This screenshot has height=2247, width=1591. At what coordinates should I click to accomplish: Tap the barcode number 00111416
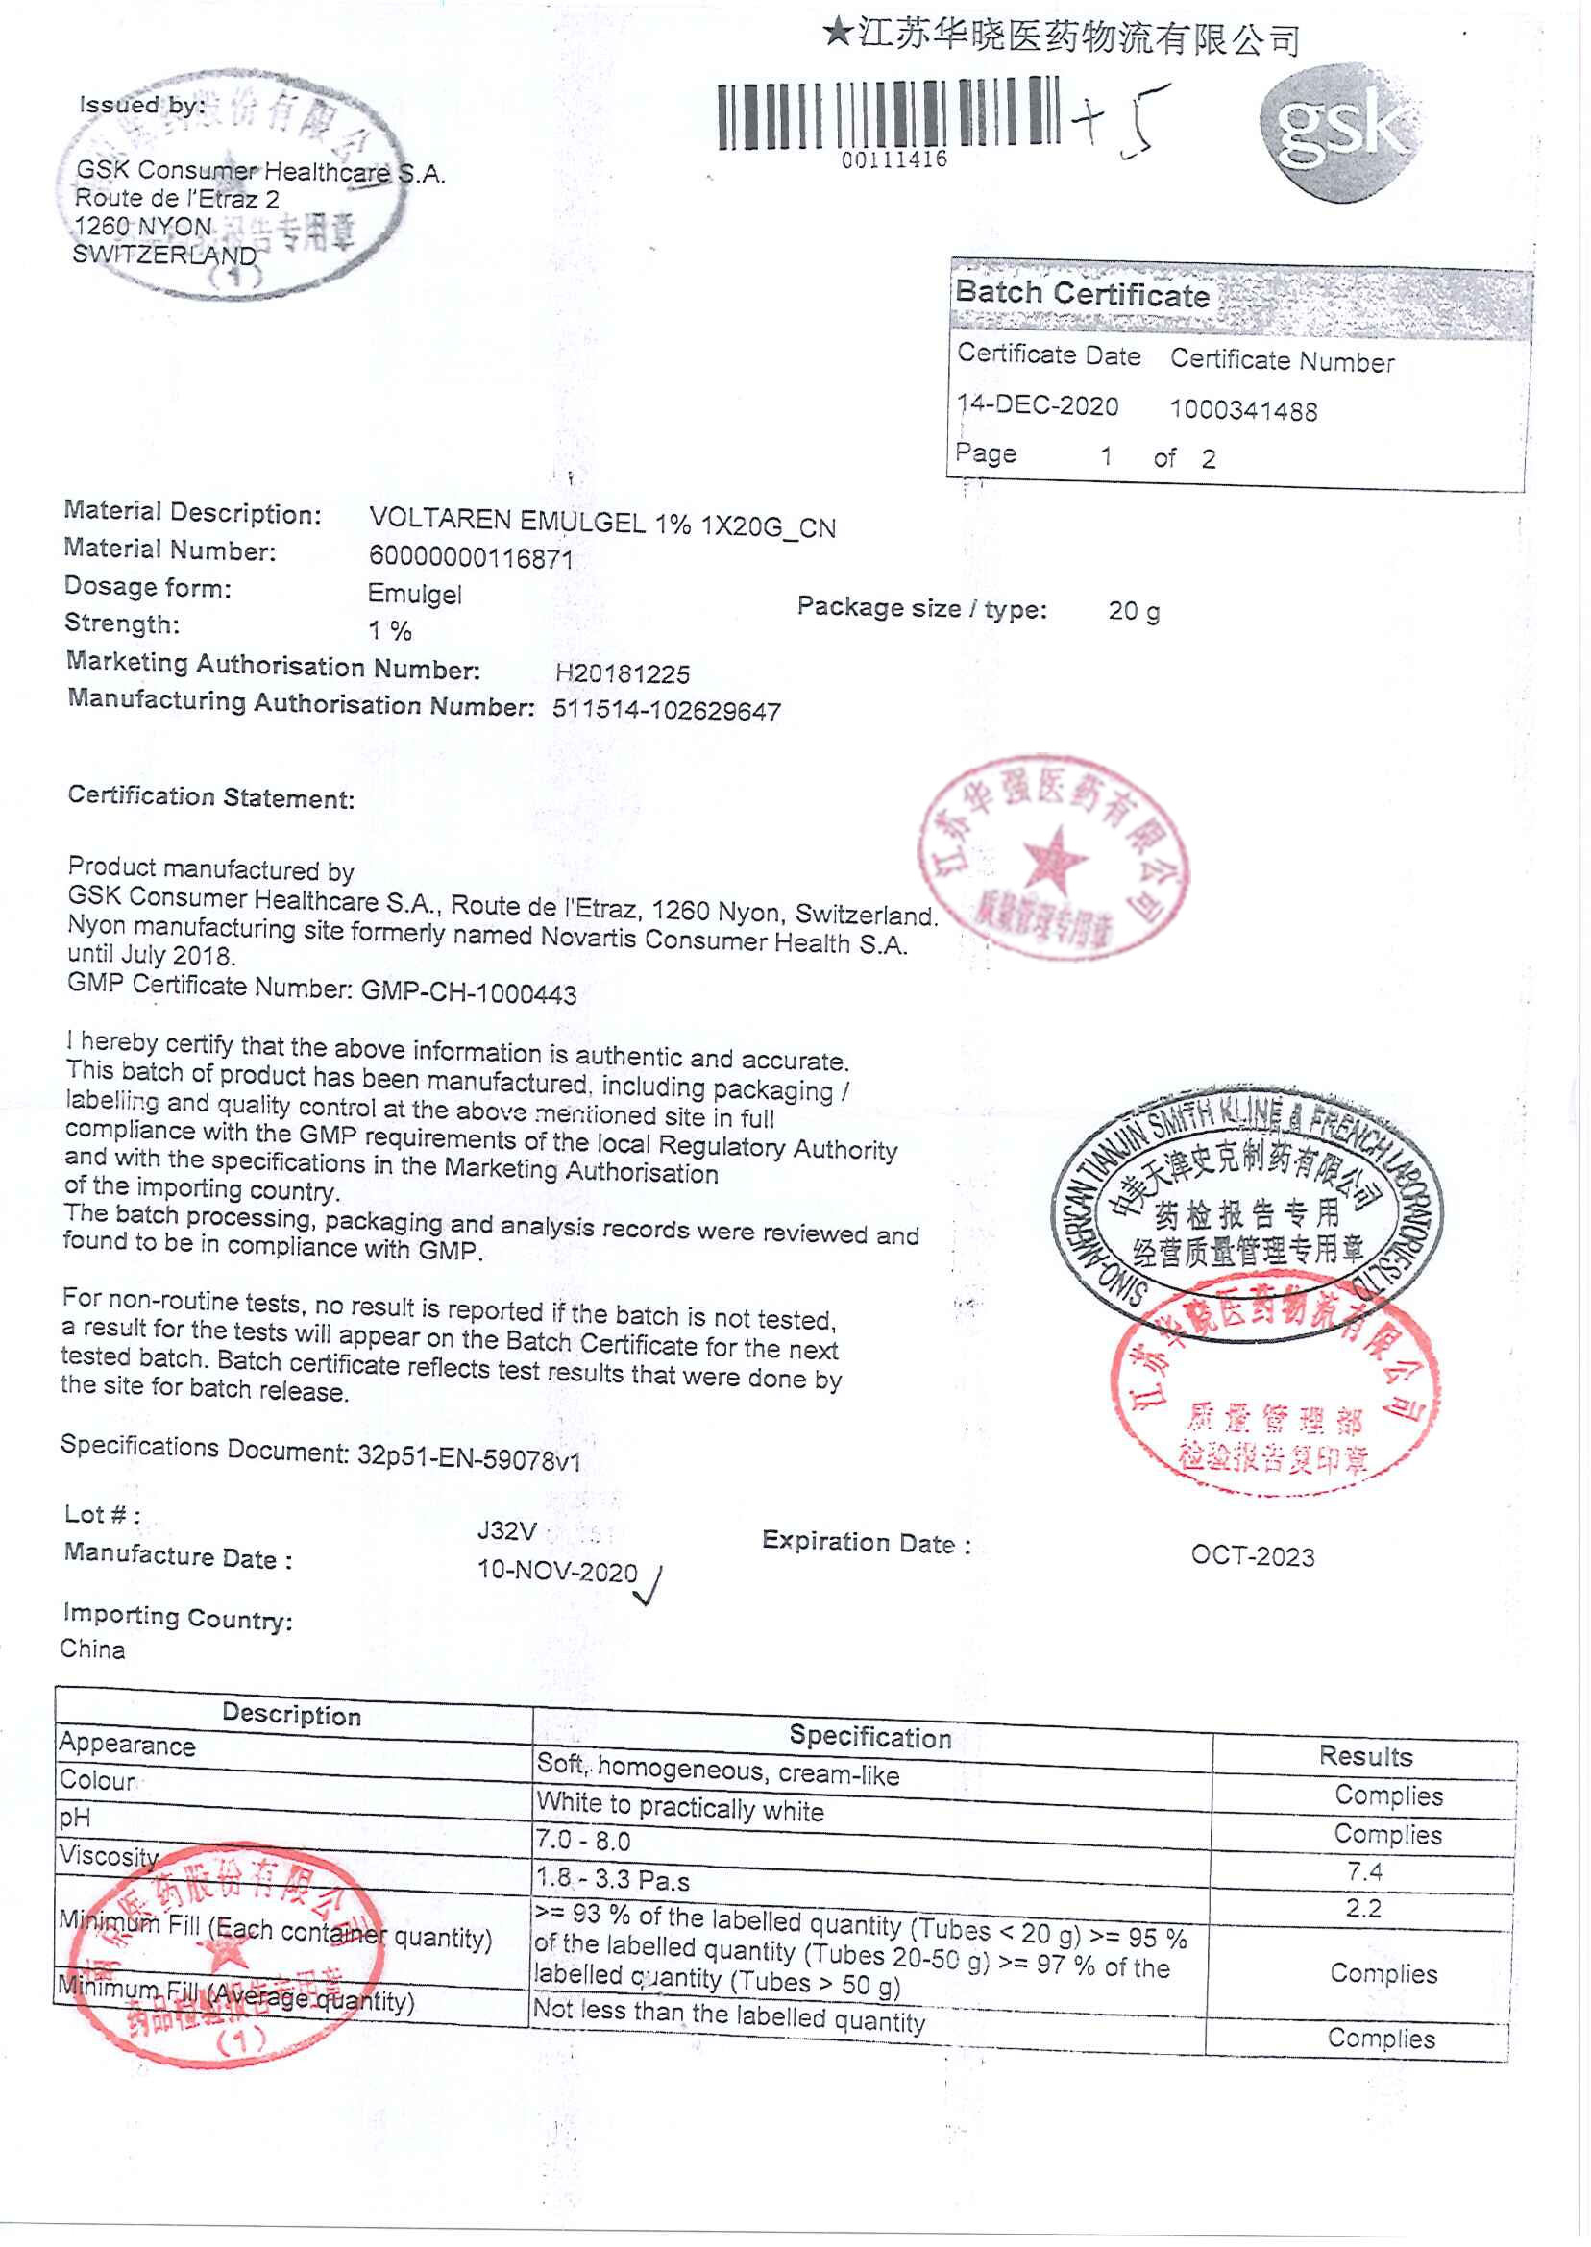point(893,159)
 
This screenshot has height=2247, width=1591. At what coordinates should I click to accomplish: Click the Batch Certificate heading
point(1082,294)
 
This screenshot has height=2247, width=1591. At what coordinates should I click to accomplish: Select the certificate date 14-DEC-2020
point(1038,405)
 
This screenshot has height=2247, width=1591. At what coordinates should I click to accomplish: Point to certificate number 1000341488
point(1243,410)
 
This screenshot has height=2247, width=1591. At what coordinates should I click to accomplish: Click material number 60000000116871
point(470,558)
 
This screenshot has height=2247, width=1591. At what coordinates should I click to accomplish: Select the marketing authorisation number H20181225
point(623,673)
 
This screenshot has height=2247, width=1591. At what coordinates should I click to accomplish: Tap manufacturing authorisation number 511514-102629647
point(666,710)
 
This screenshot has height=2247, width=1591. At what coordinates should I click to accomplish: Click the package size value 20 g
point(1134,611)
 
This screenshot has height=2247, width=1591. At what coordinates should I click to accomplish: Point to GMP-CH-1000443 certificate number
point(468,992)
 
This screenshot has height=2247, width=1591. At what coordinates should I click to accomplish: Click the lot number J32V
point(506,1530)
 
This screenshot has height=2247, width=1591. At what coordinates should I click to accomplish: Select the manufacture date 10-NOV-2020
point(556,1571)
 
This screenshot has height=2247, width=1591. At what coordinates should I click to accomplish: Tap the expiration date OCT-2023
point(1252,1556)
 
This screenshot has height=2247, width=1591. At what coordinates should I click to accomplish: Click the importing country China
point(92,1649)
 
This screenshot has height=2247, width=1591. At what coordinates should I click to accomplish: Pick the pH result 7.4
point(1363,1871)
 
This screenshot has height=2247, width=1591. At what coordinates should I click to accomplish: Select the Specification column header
point(869,1737)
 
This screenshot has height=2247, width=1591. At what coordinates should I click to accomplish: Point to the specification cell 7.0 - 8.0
point(582,1841)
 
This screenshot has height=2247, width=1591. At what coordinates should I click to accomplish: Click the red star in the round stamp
point(1055,859)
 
